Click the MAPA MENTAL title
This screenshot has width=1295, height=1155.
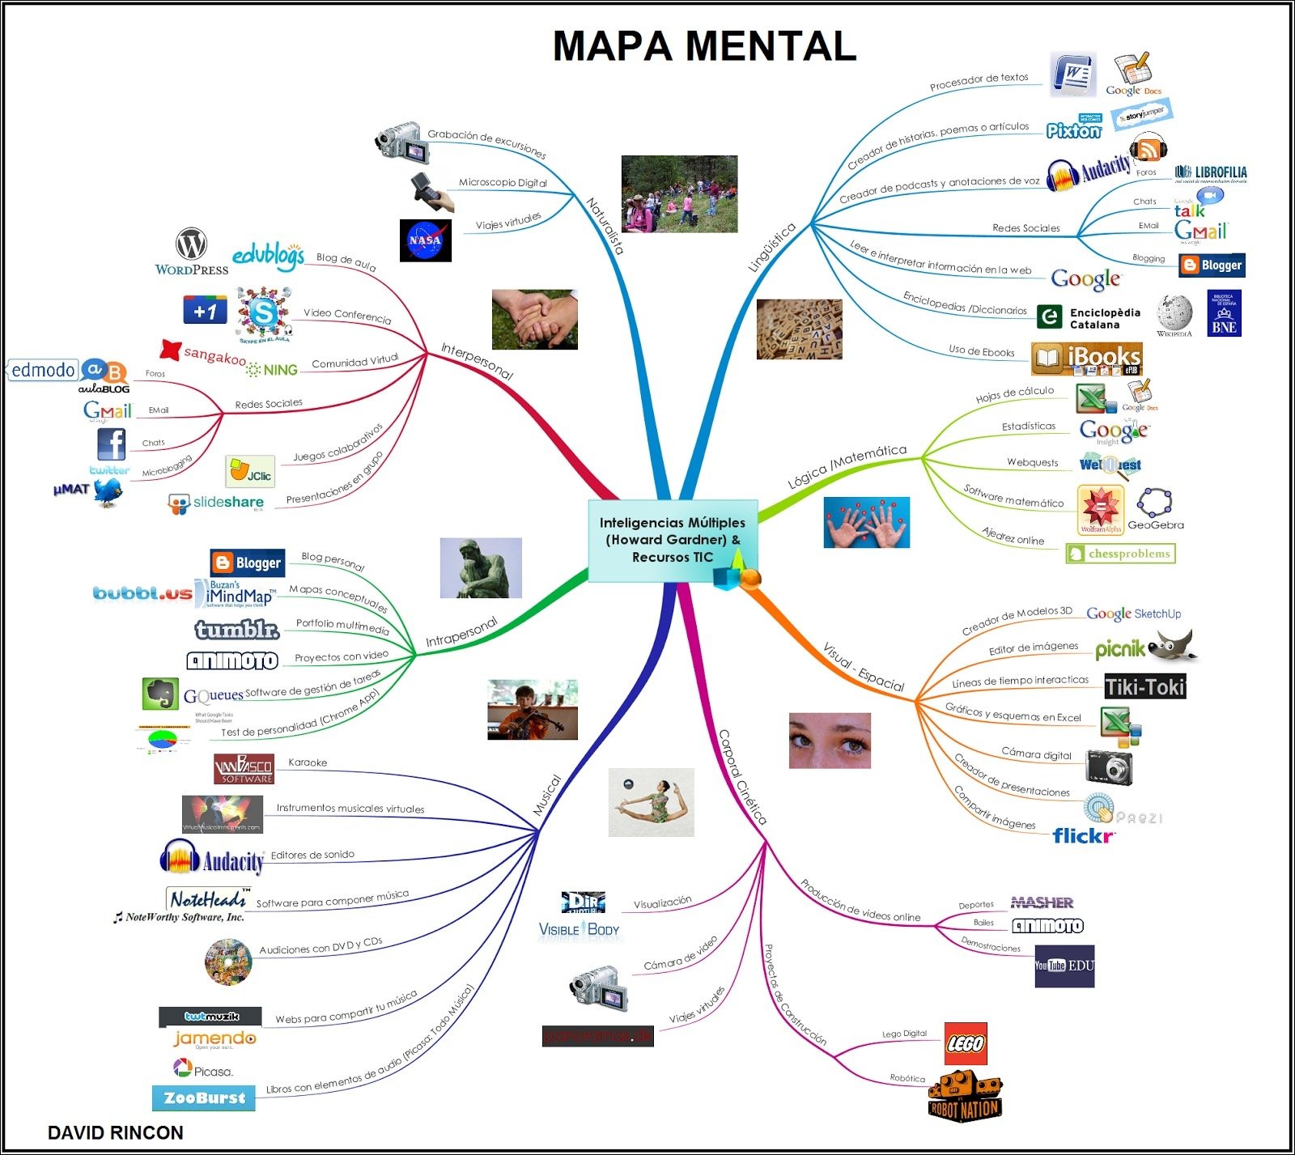704,46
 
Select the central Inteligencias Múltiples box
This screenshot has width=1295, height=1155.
673,540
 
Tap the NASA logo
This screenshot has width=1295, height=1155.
425,240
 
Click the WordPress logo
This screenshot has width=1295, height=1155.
192,252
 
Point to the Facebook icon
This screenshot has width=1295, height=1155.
112,444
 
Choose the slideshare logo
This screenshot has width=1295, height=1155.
216,503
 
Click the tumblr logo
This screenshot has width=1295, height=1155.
237,629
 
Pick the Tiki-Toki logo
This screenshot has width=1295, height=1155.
1144,687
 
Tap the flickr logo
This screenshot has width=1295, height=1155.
1084,835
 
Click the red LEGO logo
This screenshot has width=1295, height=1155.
966,1043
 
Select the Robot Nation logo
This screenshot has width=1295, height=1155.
965,1097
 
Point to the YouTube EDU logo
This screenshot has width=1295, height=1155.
1064,966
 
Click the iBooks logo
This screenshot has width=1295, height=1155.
1086,359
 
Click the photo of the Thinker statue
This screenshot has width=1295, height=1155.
481,568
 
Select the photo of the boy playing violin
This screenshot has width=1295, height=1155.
532,710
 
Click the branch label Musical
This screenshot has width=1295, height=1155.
547,795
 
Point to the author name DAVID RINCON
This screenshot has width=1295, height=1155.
116,1132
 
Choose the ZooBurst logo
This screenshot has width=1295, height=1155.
204,1098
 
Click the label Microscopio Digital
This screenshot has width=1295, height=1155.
503,183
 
